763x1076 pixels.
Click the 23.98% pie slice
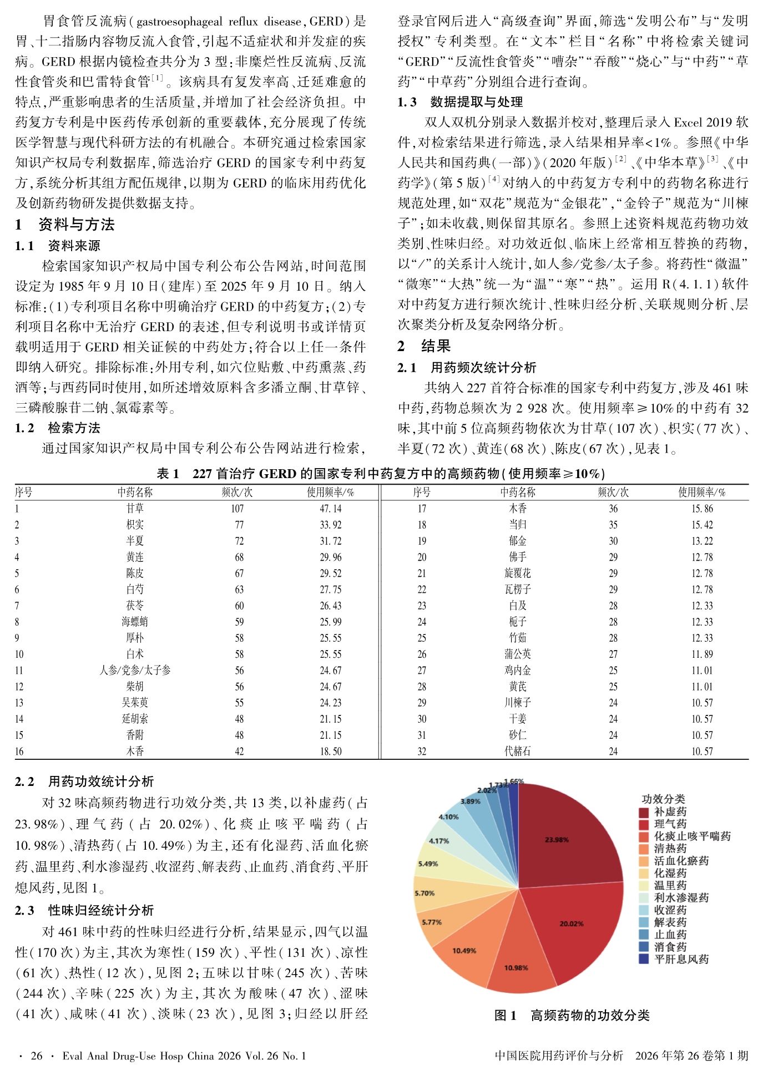[566, 838]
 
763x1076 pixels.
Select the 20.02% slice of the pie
[572, 923]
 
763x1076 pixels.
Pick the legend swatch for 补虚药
[644, 812]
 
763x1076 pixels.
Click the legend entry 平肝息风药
[681, 959]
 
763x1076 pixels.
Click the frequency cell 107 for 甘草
[237, 509]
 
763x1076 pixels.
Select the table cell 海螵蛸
[135, 622]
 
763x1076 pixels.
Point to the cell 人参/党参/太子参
[135, 671]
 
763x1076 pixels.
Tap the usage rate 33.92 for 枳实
[330, 525]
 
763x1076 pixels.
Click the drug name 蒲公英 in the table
[517, 654]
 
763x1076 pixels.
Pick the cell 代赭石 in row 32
[517, 752]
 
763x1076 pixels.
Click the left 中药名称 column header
[135, 492]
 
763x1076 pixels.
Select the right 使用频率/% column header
[701, 492]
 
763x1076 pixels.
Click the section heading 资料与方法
[76, 225]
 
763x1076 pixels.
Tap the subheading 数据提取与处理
[476, 102]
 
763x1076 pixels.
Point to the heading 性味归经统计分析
[100, 911]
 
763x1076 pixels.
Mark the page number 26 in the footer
[37, 1055]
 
